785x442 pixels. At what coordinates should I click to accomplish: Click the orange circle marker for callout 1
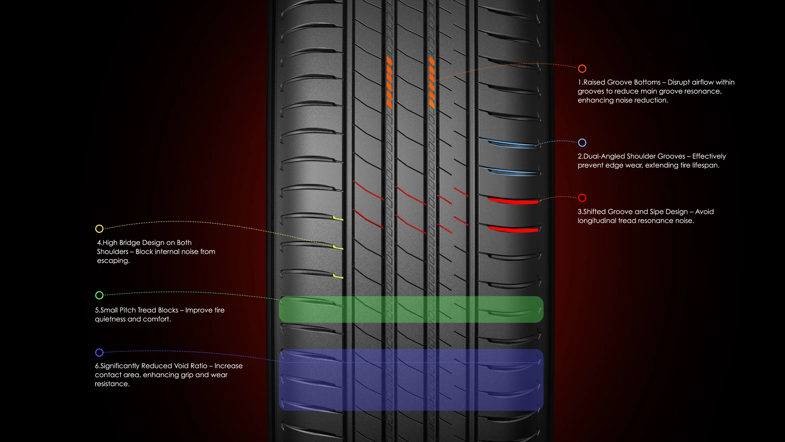click(x=582, y=69)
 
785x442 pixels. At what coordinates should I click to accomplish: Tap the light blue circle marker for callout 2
click(x=582, y=143)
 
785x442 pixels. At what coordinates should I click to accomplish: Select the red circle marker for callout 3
click(x=582, y=198)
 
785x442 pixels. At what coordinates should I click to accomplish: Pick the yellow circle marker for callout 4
click(x=99, y=229)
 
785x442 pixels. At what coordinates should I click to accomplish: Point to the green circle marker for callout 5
click(x=99, y=295)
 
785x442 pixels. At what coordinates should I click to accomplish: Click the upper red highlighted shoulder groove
click(x=513, y=201)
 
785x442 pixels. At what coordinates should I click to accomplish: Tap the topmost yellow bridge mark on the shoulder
click(x=338, y=218)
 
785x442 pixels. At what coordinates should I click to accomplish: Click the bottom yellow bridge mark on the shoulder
click(x=338, y=276)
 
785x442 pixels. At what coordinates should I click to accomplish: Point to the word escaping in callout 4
click(x=113, y=261)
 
